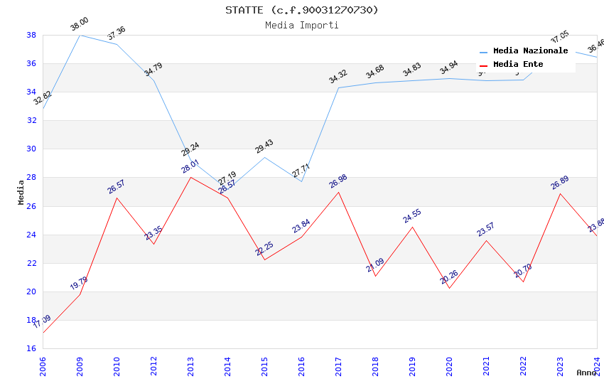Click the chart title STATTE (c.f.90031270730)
[302, 10]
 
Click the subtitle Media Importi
[302, 26]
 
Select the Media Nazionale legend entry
[530, 51]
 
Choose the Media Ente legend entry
[518, 65]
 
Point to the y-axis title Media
[21, 192]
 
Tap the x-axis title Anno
[586, 373]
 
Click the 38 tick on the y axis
[31, 35]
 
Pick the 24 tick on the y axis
[31, 235]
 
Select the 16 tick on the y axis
[31, 349]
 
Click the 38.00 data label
[80, 26]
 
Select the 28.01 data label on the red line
[190, 167]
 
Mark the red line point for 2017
[338, 192]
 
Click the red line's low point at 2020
[449, 288]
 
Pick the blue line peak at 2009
[80, 35]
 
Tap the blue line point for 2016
[301, 181]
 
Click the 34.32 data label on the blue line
[338, 77]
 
